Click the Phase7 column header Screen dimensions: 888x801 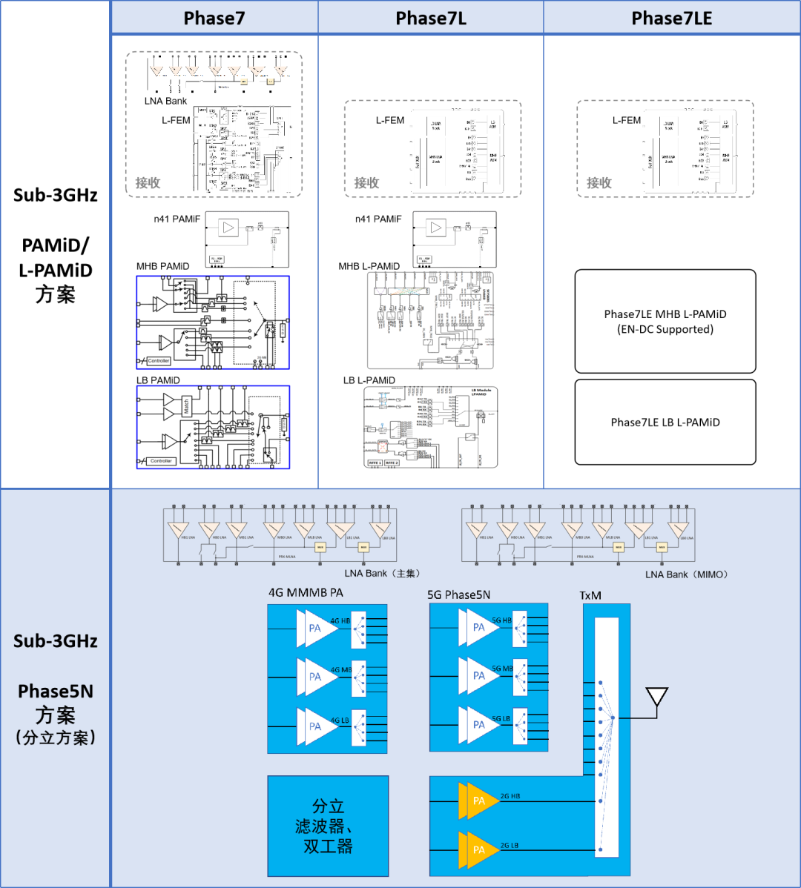(x=214, y=19)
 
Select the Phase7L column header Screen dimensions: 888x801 (x=431, y=19)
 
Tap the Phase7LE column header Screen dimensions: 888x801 (x=672, y=19)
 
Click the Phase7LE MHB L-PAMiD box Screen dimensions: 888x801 (x=665, y=321)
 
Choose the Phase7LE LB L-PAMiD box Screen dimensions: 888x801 (x=665, y=422)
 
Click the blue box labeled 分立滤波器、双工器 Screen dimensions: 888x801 (x=328, y=826)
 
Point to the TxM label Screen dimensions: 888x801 (x=590, y=596)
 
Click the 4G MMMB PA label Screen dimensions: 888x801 (x=306, y=593)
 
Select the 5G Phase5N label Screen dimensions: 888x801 (x=458, y=594)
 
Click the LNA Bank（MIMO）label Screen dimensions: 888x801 (x=687, y=574)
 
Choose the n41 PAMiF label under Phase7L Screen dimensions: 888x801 (x=378, y=219)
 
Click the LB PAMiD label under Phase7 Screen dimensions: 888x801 (x=158, y=380)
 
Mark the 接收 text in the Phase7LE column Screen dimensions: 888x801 (x=599, y=182)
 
